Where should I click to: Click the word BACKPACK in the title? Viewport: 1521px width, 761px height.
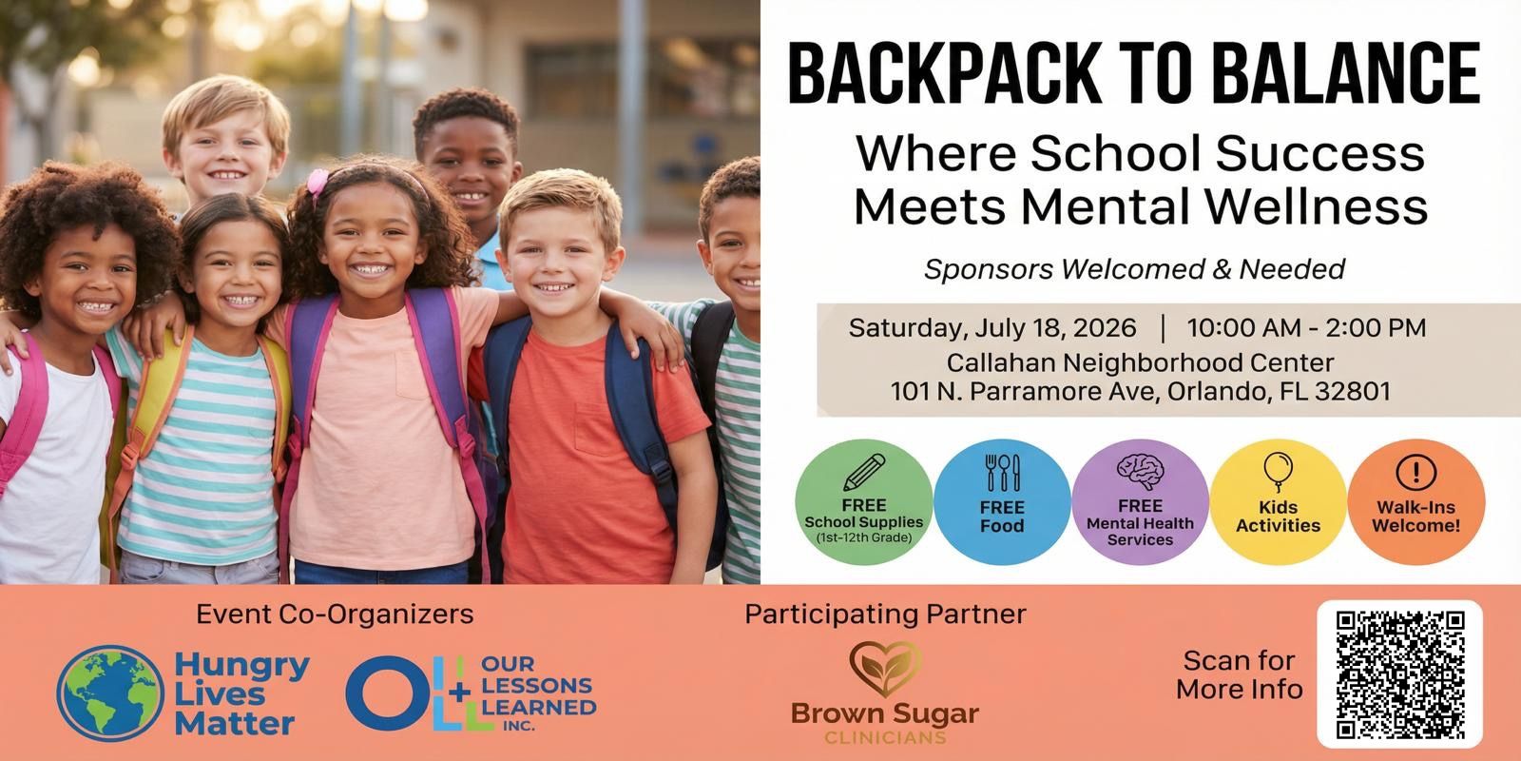coord(944,73)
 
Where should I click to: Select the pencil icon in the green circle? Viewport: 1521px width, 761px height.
coord(864,472)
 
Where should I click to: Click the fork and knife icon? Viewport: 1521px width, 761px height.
coord(1002,473)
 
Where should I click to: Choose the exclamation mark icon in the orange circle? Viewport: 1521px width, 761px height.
coord(1416,472)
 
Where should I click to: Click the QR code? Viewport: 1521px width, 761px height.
coord(1400,674)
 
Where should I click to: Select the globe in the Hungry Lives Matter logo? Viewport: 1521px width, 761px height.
coord(110,693)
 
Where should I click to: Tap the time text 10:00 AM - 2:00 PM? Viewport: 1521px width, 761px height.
coord(1306,327)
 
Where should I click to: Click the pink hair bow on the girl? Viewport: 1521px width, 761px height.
coord(318,182)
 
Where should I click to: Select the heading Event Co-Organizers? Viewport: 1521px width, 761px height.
coord(335,615)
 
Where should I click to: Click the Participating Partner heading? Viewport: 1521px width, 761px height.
coord(885,615)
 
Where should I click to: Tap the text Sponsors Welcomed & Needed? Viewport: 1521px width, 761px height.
coord(1135,269)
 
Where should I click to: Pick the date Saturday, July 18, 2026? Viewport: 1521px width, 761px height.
coord(992,328)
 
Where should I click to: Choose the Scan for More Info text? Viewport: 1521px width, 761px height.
coord(1240,674)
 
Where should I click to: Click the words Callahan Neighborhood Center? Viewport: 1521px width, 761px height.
coord(1140,362)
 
